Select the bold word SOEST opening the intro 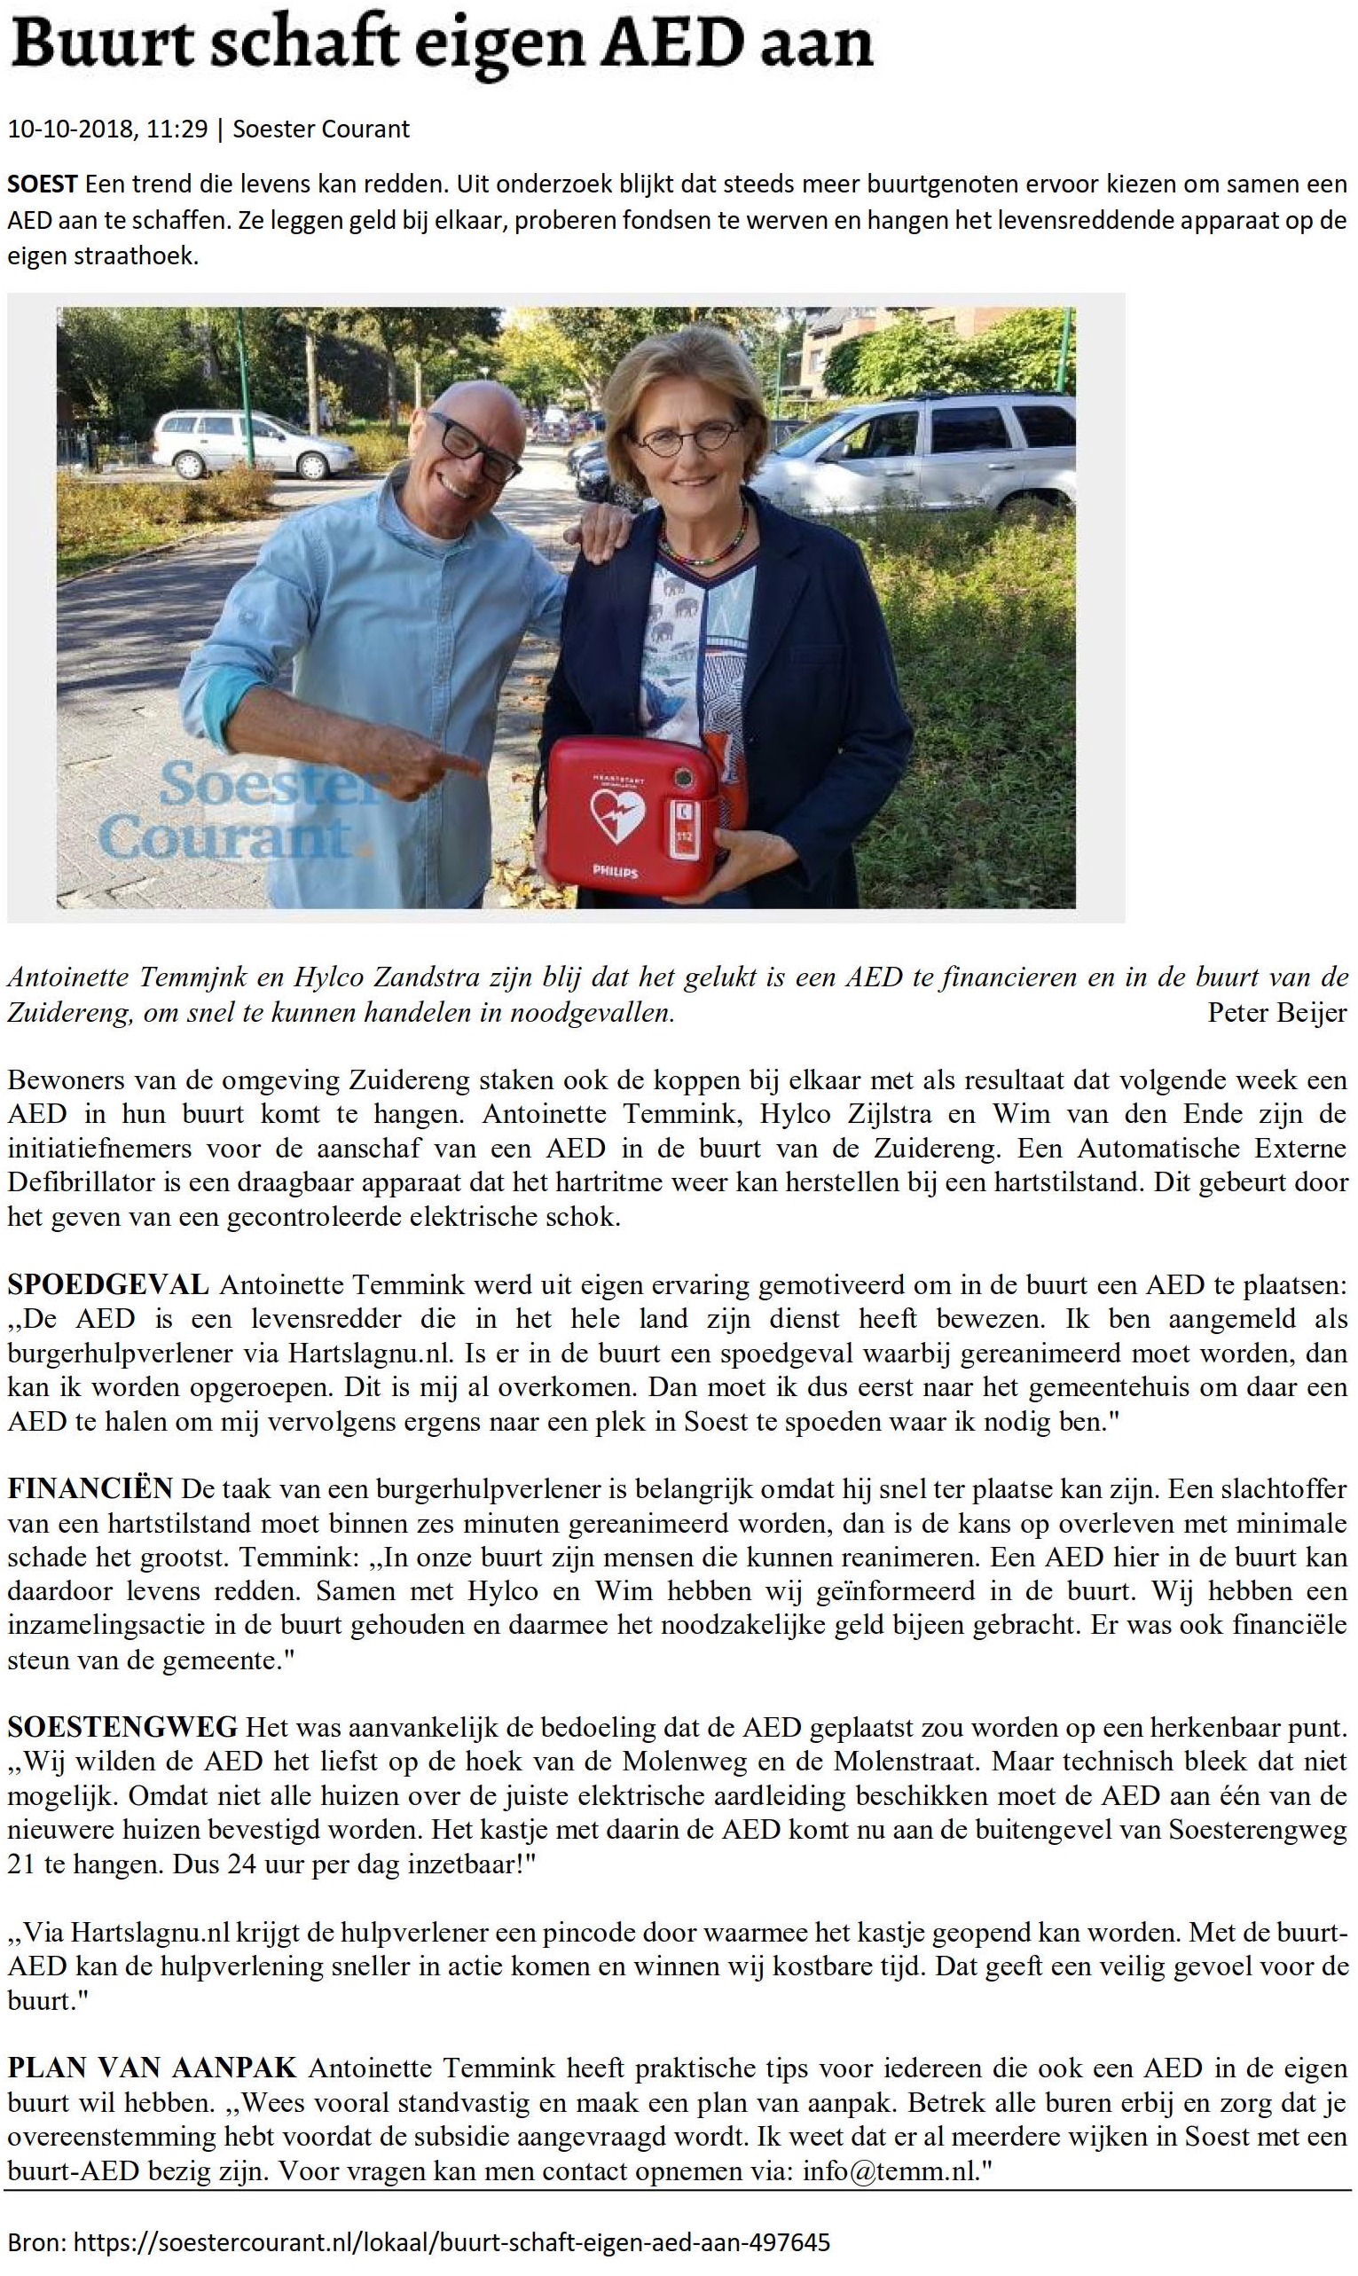click(x=42, y=184)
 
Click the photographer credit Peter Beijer click(x=1276, y=1012)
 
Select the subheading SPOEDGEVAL click(x=108, y=1285)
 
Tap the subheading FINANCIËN click(x=90, y=1488)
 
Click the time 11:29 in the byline click(x=177, y=129)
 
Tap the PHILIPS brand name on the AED click(x=616, y=871)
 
